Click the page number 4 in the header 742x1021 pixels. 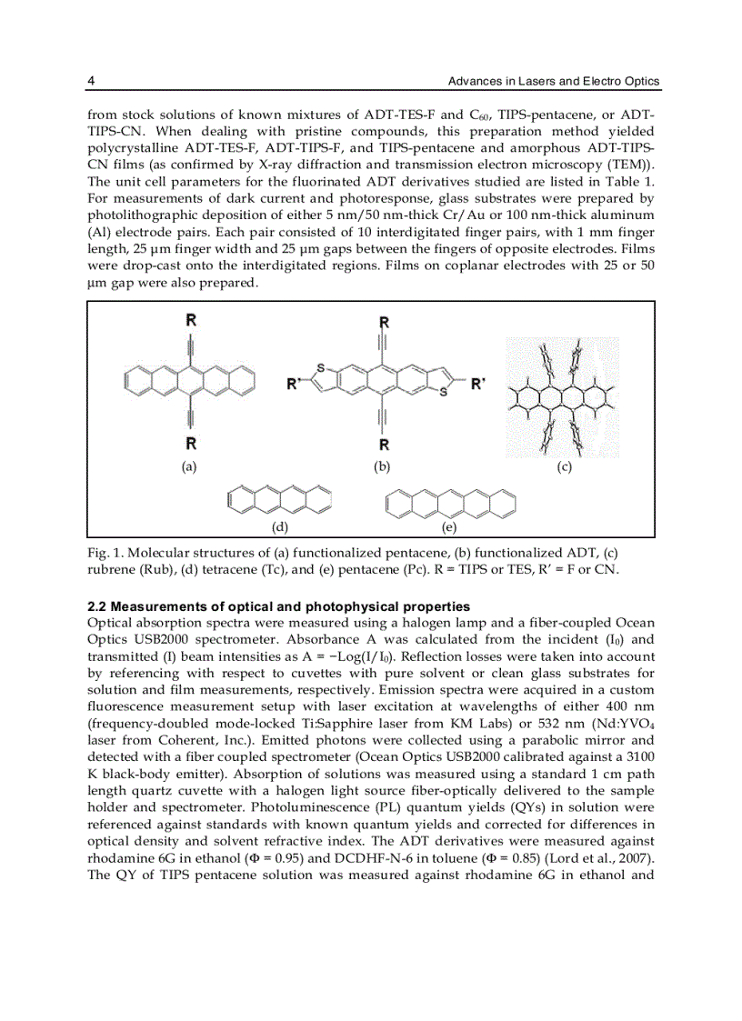click(91, 82)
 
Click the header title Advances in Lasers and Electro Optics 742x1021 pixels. click(554, 82)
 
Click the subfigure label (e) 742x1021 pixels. click(449, 526)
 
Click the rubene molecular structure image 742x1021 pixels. click(563, 396)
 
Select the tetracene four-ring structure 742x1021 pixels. click(279, 500)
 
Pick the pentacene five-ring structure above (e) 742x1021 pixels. click(451, 502)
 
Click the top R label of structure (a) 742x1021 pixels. click(190, 320)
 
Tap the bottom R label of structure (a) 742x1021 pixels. click(190, 444)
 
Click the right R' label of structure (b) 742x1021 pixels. click(477, 384)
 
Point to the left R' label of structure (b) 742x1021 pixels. click(294, 384)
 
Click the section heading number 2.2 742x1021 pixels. click(96, 606)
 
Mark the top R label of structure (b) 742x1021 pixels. click(384, 322)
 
